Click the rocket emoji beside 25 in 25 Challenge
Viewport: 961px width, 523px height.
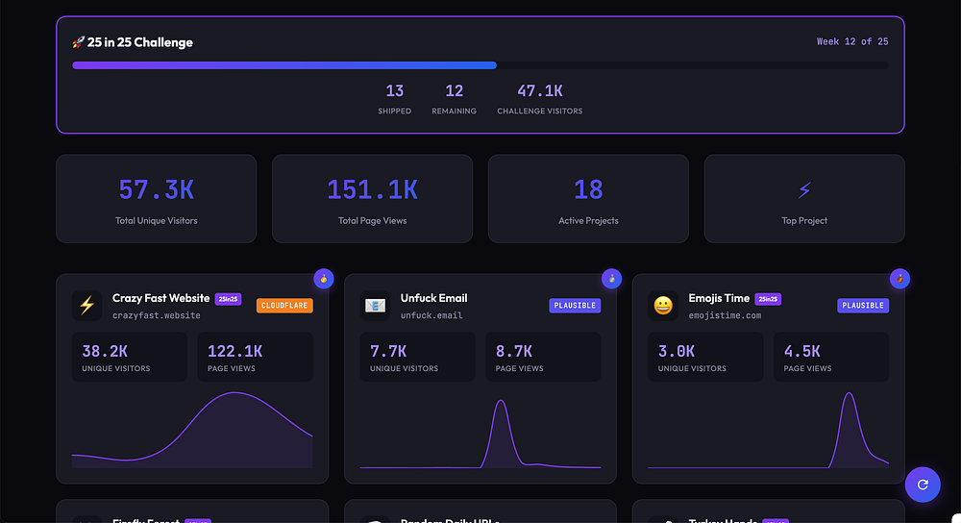(x=79, y=42)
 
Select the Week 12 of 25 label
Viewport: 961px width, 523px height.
(x=851, y=41)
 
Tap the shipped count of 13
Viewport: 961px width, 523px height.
(x=394, y=91)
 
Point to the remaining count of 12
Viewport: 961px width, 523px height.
(x=454, y=91)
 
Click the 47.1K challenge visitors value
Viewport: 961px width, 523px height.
(x=539, y=91)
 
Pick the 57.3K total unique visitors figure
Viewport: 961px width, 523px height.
(x=156, y=190)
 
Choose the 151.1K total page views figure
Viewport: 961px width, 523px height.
(x=372, y=190)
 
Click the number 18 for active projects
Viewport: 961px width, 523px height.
(x=588, y=190)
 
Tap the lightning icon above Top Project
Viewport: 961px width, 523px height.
(x=804, y=190)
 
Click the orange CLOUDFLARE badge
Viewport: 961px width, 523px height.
(x=284, y=306)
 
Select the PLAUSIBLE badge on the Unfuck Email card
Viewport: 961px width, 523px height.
(x=575, y=306)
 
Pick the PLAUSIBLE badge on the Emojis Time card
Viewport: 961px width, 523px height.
(x=862, y=306)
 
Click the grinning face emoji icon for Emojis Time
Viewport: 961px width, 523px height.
(x=663, y=306)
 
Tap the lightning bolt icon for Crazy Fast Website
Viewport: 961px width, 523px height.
(x=86, y=306)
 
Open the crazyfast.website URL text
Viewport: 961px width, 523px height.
(x=157, y=315)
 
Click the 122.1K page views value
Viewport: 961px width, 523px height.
(x=234, y=351)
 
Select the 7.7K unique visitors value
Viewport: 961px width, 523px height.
(x=388, y=351)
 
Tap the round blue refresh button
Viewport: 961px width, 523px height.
(x=923, y=485)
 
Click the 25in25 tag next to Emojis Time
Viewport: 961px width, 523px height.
(x=768, y=299)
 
